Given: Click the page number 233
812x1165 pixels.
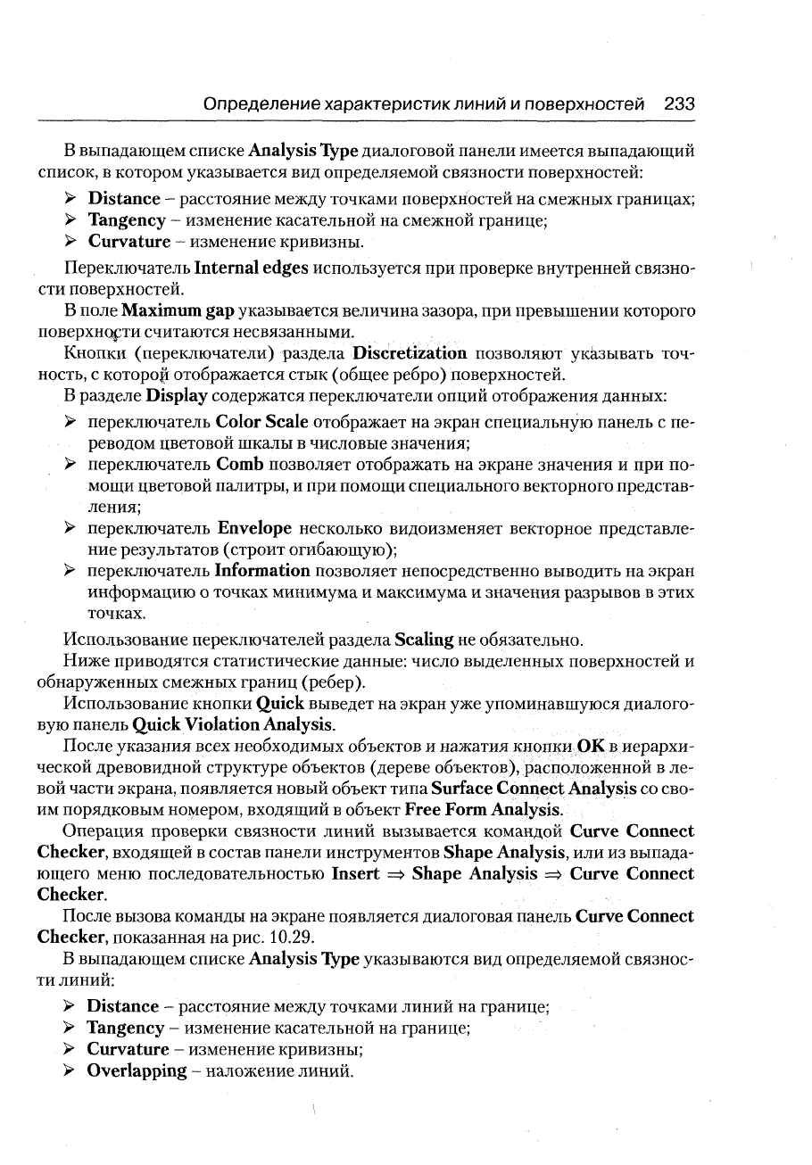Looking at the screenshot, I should tap(679, 104).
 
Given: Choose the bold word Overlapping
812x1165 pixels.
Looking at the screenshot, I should tap(136, 1070).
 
